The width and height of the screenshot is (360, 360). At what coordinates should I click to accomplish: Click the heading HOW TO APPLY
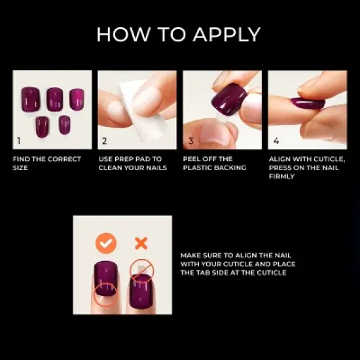178,34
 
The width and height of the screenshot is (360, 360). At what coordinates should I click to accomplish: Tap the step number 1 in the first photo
19,140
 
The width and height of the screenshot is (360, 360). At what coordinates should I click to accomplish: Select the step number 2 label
104,140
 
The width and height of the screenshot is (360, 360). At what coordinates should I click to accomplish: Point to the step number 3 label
190,140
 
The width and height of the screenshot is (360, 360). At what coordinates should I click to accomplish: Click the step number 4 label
276,140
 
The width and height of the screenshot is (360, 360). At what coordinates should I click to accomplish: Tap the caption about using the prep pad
133,163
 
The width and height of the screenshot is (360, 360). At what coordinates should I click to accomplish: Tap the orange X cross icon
141,243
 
